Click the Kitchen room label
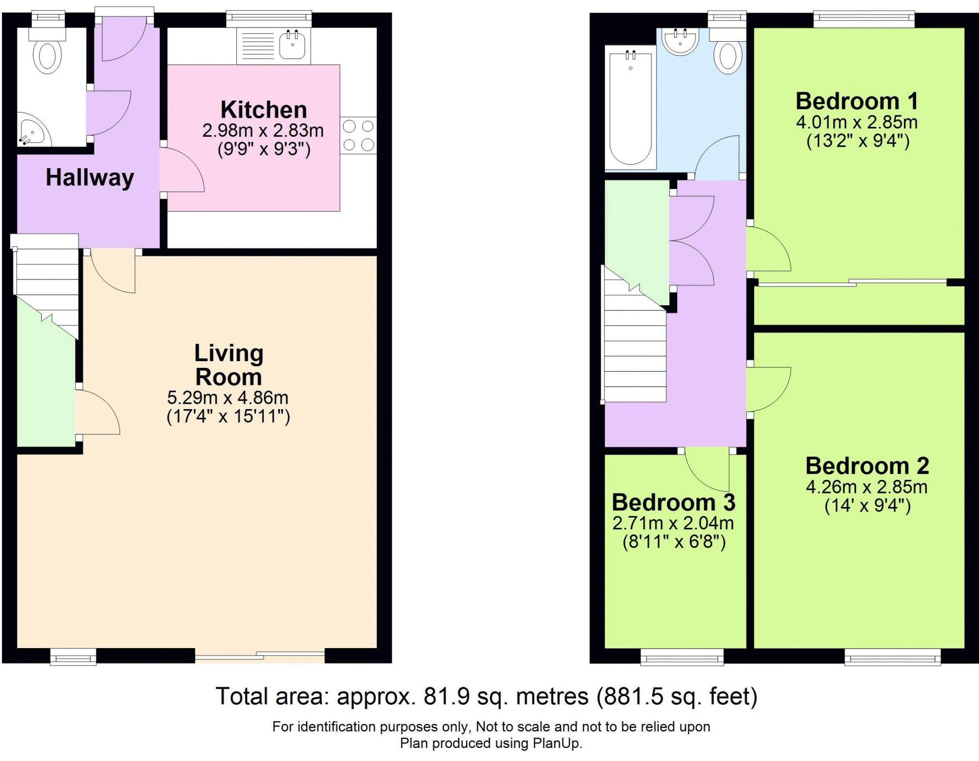[x=264, y=110]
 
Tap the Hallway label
[x=90, y=177]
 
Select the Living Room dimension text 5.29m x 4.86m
[x=228, y=398]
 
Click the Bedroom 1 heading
[x=856, y=101]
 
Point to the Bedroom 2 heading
[x=867, y=466]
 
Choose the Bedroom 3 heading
[x=673, y=503]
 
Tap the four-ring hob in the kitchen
[x=358, y=135]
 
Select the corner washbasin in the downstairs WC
[x=31, y=130]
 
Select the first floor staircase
[x=634, y=339]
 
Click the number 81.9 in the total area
[x=447, y=697]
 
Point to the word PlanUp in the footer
[x=556, y=743]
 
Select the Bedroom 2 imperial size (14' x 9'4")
[x=868, y=506]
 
